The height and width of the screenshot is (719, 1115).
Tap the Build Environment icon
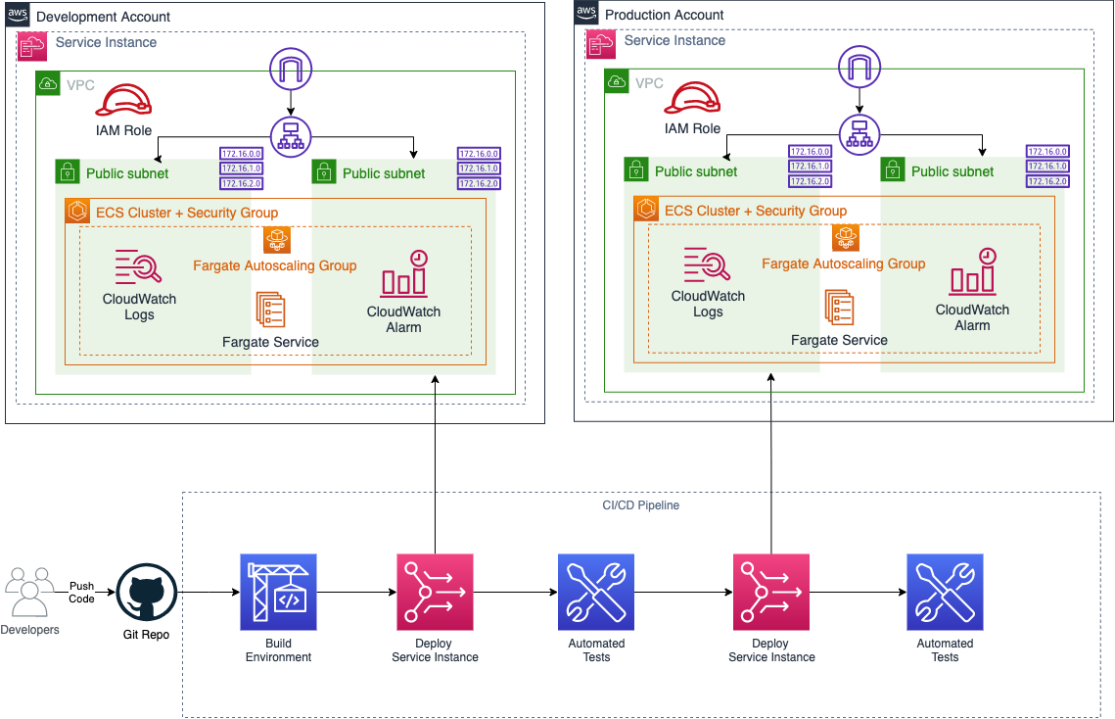pos(278,592)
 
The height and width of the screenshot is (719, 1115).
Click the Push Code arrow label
pos(82,593)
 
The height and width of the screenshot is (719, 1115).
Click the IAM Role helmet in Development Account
pos(122,101)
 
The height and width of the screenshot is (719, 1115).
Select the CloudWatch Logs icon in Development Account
pos(138,266)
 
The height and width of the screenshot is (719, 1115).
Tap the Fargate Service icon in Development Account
pos(269,310)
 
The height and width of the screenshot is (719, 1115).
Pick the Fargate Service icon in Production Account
pos(838,308)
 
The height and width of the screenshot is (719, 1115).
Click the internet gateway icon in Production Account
pos(859,67)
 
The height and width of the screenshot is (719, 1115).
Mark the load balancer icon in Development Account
pos(290,137)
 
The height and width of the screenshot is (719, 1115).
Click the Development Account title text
pos(103,17)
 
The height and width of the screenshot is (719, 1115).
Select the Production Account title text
pos(664,15)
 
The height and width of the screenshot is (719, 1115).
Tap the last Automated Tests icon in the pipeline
pos(945,592)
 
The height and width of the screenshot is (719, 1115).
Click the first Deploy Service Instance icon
pos(435,592)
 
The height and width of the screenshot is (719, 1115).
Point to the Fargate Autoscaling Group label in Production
pos(843,264)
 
